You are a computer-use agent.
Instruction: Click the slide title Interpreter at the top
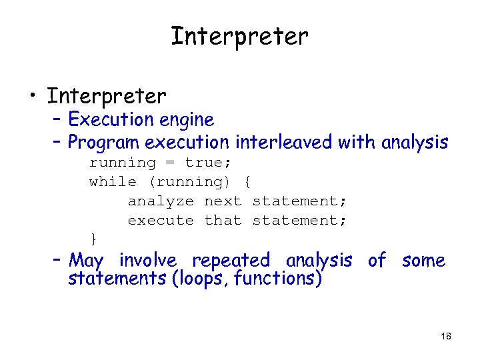[x=239, y=37]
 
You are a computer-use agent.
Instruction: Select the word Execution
[x=111, y=120]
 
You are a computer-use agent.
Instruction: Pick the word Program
[x=104, y=143]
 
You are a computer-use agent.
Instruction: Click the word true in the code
[x=203, y=163]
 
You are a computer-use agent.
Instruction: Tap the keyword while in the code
[x=113, y=182]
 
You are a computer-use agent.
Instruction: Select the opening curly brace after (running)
[x=247, y=182]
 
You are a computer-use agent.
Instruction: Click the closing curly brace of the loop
[x=93, y=238]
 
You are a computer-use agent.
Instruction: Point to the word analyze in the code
[x=161, y=201]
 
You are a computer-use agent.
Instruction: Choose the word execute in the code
[x=161, y=221]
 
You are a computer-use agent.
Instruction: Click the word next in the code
[x=223, y=201]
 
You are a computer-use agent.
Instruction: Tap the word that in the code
[x=223, y=221]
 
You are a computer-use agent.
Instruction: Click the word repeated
[x=231, y=261]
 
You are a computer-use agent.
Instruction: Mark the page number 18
[x=446, y=336]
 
